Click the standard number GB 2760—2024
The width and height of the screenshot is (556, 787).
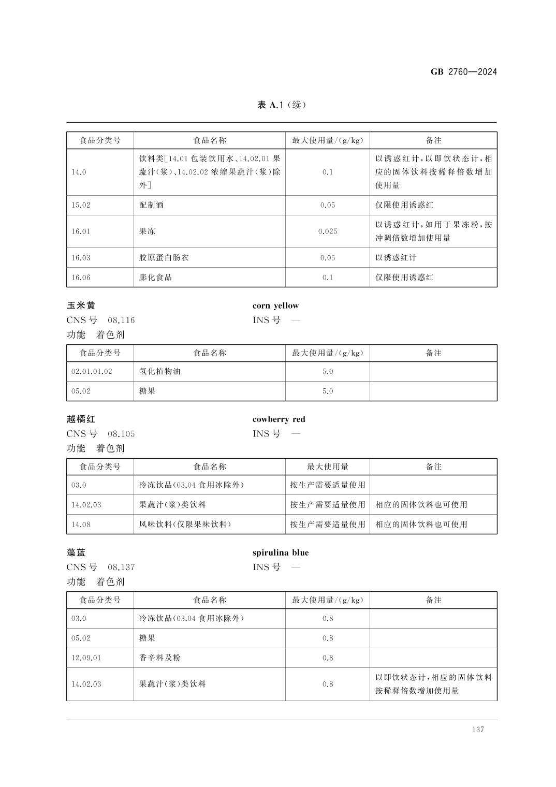click(463, 72)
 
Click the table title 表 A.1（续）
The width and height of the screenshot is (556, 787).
click(282, 105)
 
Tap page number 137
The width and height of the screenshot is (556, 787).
click(477, 729)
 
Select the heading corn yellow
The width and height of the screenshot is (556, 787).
click(275, 305)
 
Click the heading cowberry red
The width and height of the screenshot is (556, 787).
click(279, 419)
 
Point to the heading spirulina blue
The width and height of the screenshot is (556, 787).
click(280, 552)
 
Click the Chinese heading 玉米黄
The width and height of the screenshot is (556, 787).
click(81, 305)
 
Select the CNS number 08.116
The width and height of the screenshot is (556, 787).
click(121, 320)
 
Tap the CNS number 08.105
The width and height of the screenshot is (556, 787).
click(121, 433)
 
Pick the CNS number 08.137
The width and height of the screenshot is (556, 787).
click(121, 567)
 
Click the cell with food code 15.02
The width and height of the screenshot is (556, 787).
click(81, 205)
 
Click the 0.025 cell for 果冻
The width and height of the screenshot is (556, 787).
click(327, 231)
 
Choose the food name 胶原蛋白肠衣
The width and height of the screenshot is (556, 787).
click(164, 258)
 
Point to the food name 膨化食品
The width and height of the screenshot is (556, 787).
click(155, 278)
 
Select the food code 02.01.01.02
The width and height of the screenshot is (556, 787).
click(92, 371)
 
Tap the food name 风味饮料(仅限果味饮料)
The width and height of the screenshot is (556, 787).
click(185, 524)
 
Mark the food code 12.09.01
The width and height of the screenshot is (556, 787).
click(86, 658)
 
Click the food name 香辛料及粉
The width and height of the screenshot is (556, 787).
click(159, 658)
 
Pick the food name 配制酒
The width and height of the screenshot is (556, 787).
click(151, 205)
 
